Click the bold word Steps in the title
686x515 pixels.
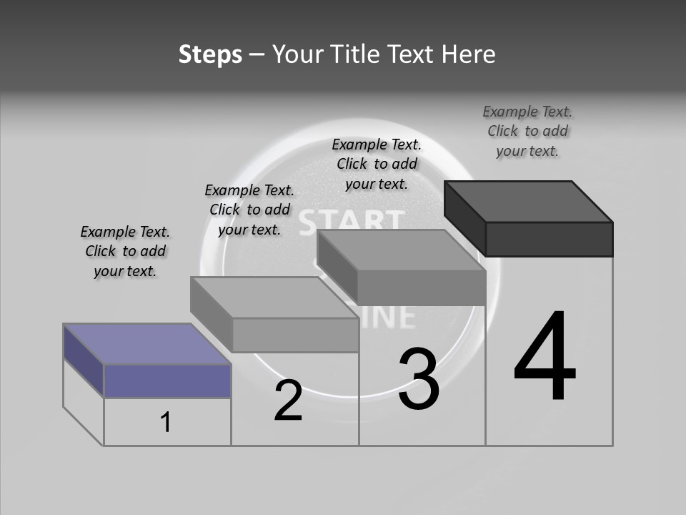pos(210,54)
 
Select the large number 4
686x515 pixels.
pos(545,358)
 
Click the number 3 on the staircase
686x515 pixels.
pos(419,379)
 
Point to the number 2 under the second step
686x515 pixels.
pos(288,401)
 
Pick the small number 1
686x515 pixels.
pos(166,423)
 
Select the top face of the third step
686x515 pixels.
pos(400,251)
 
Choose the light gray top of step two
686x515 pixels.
pos(274,298)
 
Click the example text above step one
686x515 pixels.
pos(125,251)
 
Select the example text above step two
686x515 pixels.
pos(249,210)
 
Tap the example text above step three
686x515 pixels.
pos(377,164)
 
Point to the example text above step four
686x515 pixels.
pos(527,131)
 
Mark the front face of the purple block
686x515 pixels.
pos(167,381)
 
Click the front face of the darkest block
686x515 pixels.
pos(549,239)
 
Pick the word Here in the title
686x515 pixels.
pos(469,54)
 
